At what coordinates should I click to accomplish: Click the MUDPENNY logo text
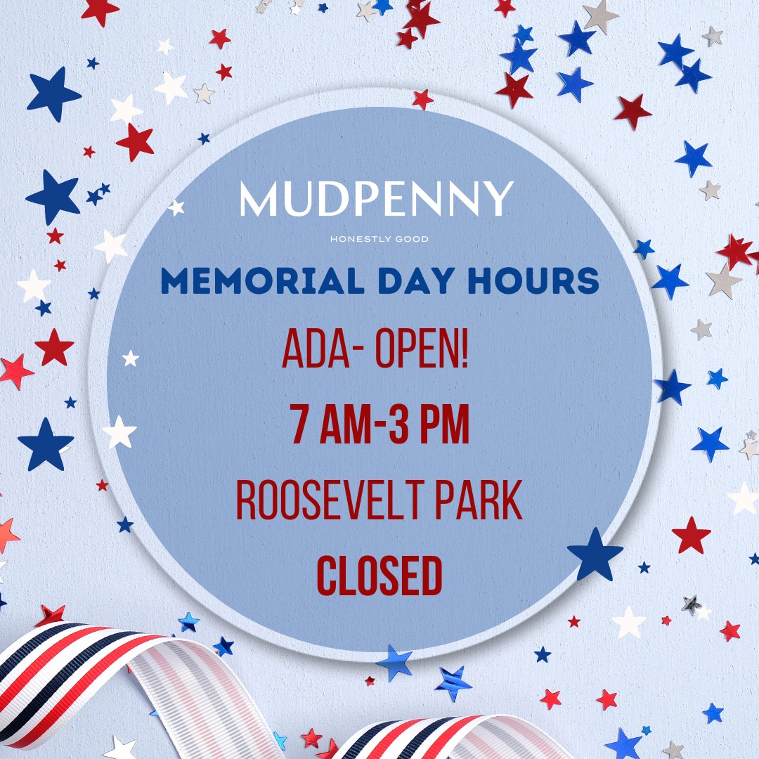[x=377, y=198]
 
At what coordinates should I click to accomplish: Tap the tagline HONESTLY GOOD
[x=379, y=239]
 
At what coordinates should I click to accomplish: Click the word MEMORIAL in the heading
[x=262, y=280]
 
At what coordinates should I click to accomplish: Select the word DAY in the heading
[x=416, y=280]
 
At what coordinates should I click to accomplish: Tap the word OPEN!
[x=422, y=349]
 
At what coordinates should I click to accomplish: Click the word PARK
[x=479, y=500]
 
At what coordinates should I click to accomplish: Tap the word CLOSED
[x=379, y=576]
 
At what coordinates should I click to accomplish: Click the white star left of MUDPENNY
[x=176, y=207]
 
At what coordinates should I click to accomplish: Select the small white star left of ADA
[x=130, y=358]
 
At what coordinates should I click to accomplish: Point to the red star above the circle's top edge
[x=422, y=99]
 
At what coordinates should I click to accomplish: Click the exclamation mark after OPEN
[x=465, y=349]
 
